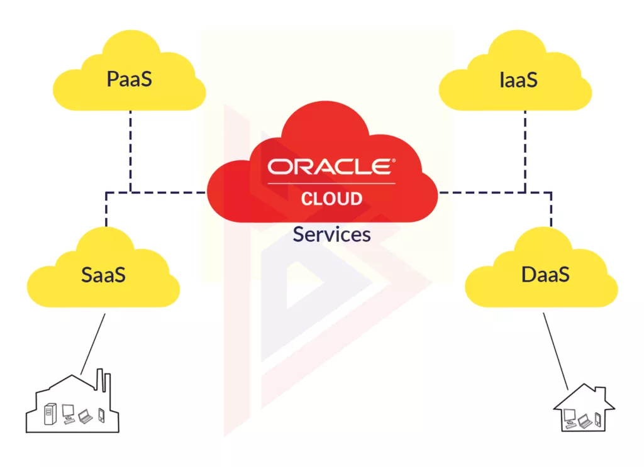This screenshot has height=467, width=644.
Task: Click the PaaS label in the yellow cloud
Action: tap(129, 80)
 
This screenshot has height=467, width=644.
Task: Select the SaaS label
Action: tap(104, 275)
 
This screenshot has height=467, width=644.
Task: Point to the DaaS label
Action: tap(545, 275)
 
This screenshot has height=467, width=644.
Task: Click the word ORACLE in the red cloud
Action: tap(331, 167)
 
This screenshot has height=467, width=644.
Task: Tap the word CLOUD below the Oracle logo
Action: tap(331, 199)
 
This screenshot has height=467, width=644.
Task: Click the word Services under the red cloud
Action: tap(331, 234)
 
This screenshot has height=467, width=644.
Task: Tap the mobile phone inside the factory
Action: tap(101, 415)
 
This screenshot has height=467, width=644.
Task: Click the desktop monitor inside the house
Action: tap(570, 415)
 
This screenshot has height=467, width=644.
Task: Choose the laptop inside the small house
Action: tap(585, 421)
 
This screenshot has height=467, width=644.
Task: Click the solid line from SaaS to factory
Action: tap(93, 343)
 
